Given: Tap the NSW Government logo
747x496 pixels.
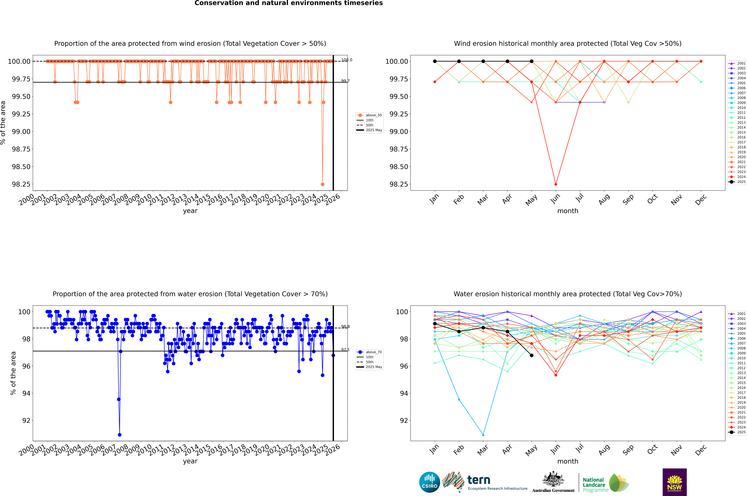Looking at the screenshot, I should pyautogui.click(x=674, y=482).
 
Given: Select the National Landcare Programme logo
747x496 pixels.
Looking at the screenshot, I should pyautogui.click(x=605, y=483).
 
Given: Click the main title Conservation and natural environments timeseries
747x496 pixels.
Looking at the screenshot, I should pyautogui.click(x=288, y=3).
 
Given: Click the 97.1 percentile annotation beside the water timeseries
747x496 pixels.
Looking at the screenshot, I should pyautogui.click(x=345, y=350).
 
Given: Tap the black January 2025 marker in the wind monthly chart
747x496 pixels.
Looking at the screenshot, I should pyautogui.click(x=435, y=61).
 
